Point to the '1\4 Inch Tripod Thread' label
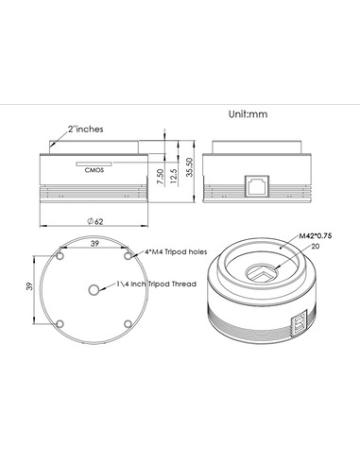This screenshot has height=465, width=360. (155, 282)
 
